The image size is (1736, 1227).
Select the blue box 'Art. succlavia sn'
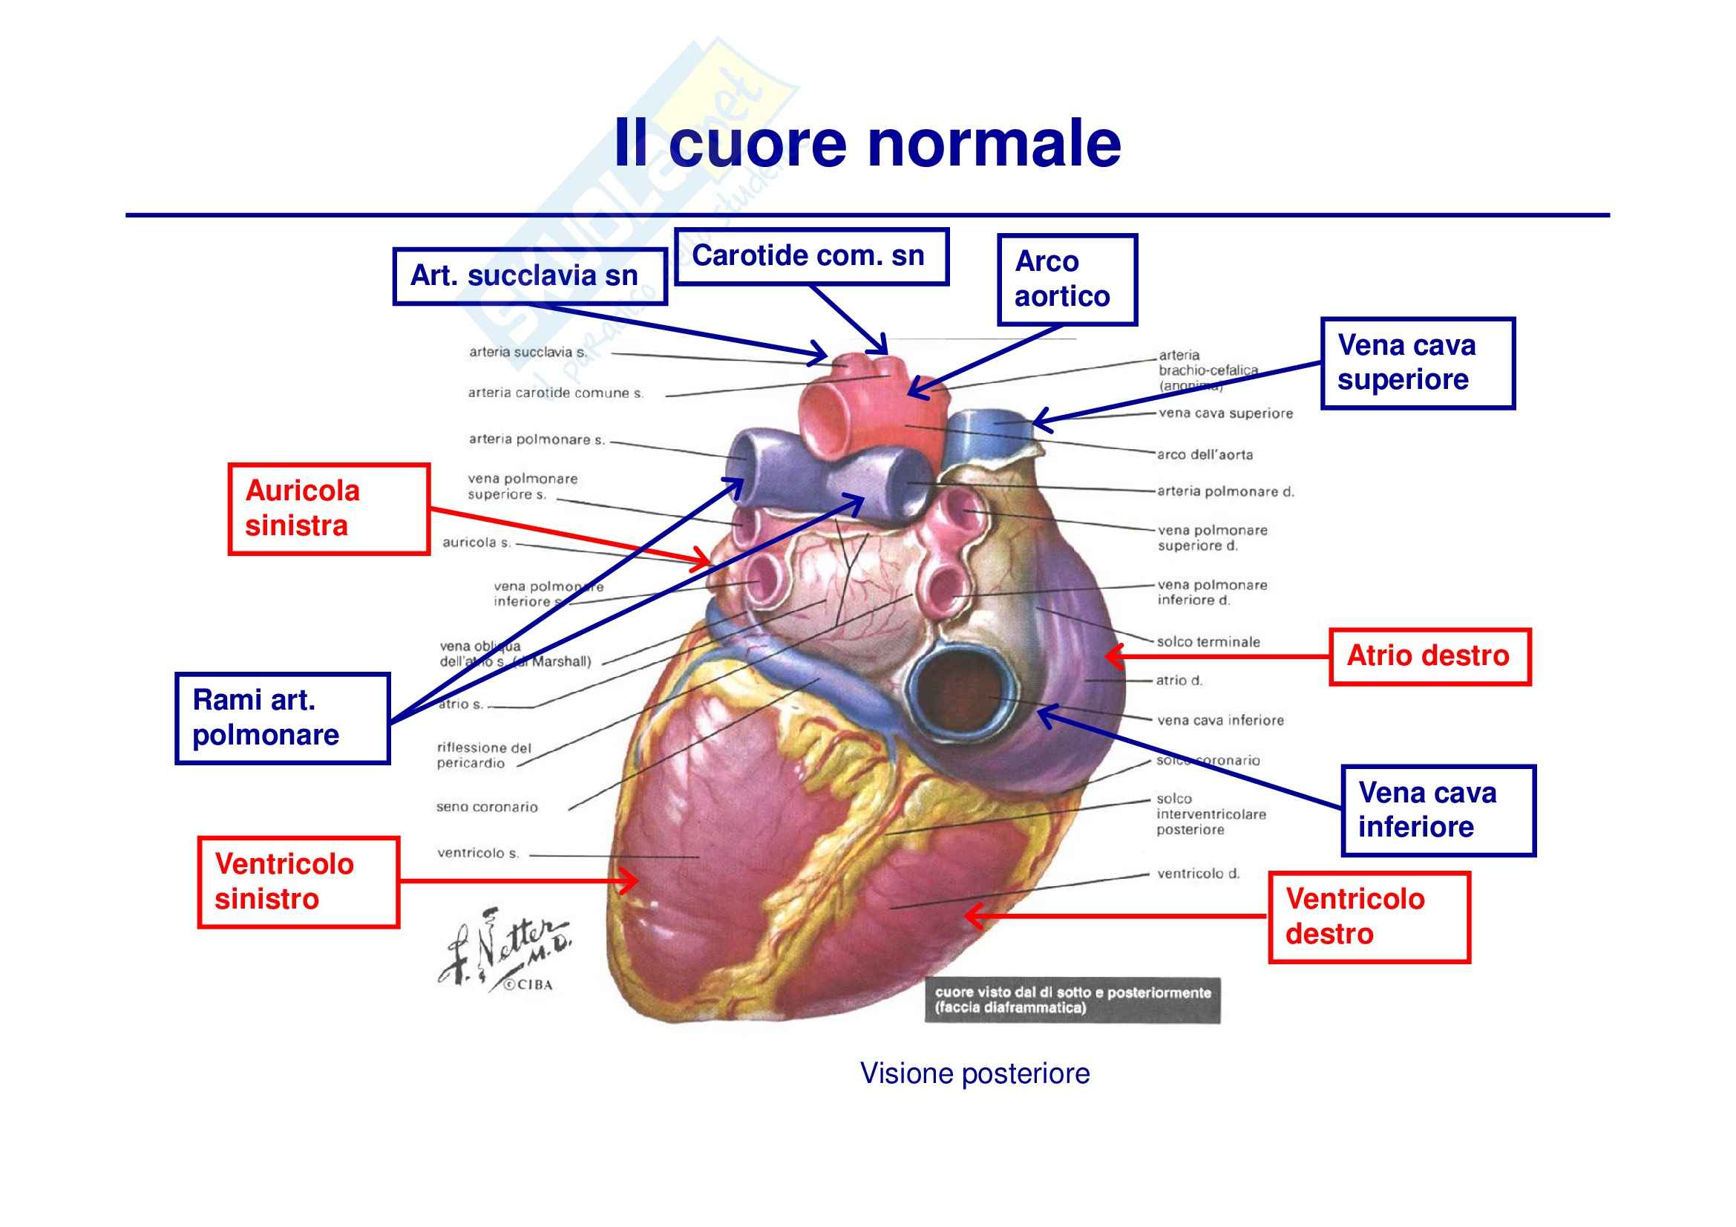[x=529, y=277]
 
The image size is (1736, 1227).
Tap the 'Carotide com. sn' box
[x=810, y=257]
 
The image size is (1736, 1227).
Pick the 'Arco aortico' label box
[x=1067, y=280]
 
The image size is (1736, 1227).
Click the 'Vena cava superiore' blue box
[x=1417, y=364]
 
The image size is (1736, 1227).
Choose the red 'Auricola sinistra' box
[x=329, y=509]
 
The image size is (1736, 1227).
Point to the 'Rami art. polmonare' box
[x=282, y=719]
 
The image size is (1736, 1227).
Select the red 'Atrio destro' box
[x=1429, y=656]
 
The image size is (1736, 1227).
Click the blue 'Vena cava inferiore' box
[x=1438, y=811]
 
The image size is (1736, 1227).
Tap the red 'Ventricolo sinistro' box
[x=298, y=882]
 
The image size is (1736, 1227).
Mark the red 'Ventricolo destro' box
[x=1369, y=917]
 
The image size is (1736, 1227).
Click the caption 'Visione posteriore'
[x=975, y=1073]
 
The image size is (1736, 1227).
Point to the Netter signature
[x=507, y=949]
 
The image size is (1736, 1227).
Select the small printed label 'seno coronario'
[x=487, y=808]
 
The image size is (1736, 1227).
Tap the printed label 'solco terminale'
[x=1208, y=642]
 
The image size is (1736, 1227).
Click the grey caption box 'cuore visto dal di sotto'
[x=1072, y=1000]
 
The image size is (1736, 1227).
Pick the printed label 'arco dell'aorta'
[x=1205, y=455]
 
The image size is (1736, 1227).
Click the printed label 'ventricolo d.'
[x=1199, y=874]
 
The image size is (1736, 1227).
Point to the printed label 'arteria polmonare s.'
[x=537, y=439]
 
